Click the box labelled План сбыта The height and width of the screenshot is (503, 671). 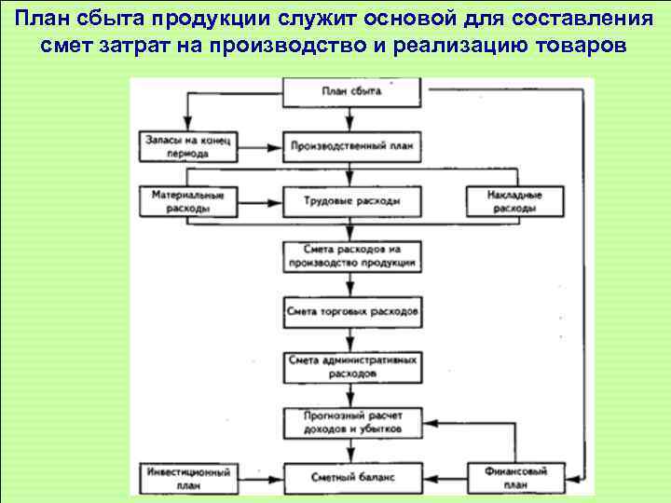(x=350, y=91)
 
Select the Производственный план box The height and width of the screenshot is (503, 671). (x=350, y=146)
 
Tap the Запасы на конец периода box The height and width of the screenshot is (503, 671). (x=189, y=146)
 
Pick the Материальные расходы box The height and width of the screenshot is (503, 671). (x=189, y=201)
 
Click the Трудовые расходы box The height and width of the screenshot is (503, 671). (x=350, y=201)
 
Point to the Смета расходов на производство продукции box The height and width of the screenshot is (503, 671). (x=350, y=256)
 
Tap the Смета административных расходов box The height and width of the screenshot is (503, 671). (x=350, y=366)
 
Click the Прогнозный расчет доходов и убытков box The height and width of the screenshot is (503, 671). (x=350, y=421)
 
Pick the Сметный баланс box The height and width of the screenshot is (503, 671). (x=350, y=476)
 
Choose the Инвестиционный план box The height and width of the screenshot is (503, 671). (x=189, y=476)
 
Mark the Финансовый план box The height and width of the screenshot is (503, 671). (x=514, y=476)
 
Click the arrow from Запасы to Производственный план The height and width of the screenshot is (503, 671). (x=261, y=146)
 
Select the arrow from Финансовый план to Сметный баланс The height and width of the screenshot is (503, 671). (x=443, y=477)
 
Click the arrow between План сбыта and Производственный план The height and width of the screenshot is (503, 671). (x=350, y=118)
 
